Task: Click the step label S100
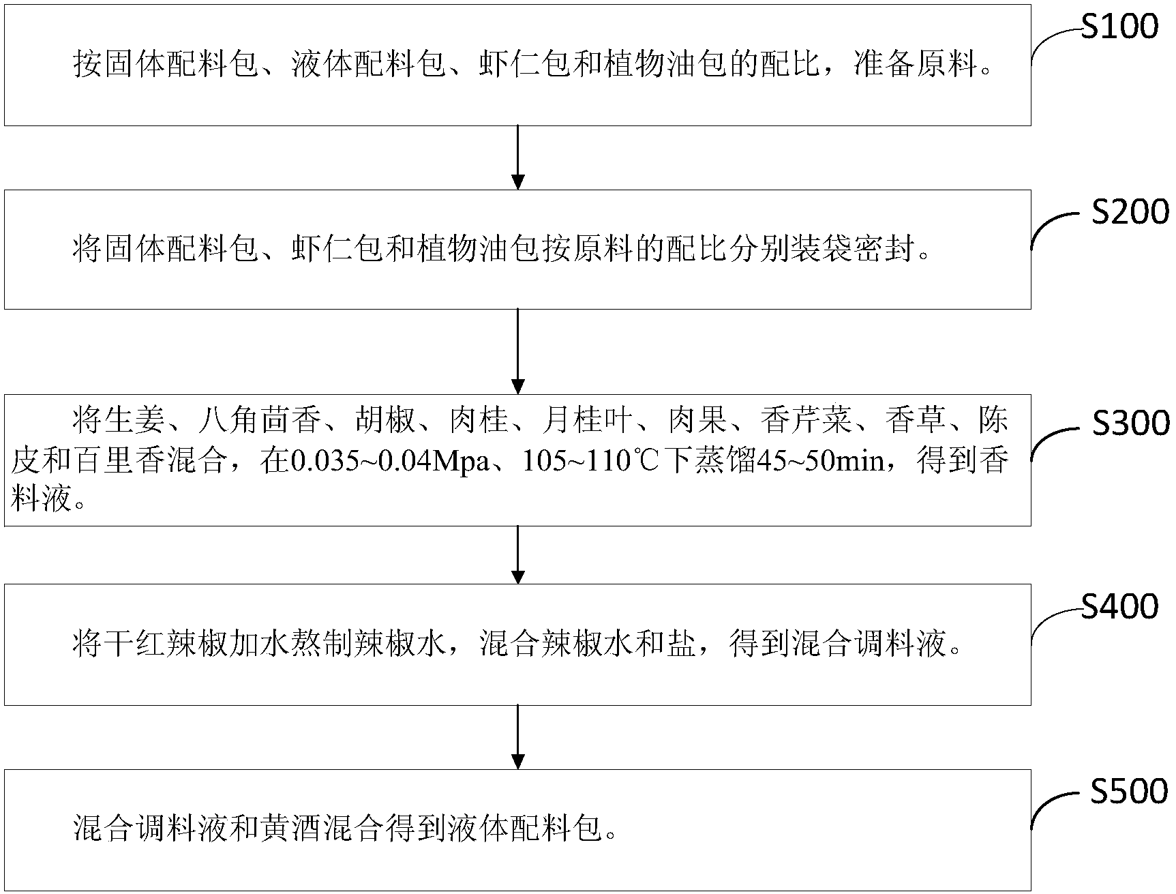[1119, 27]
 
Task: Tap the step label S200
[1130, 213]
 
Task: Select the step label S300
[1130, 424]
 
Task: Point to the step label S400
[1119, 607]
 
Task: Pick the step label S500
[1130, 792]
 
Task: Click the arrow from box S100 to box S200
[518, 157]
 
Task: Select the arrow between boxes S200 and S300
[518, 351]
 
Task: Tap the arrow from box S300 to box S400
[518, 554]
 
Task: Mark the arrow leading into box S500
[518, 737]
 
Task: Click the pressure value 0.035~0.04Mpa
[390, 462]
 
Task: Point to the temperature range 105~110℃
[592, 462]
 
